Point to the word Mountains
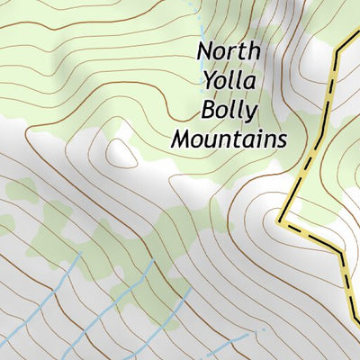(229, 139)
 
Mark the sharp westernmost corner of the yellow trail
(281, 219)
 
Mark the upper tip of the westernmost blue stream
(79, 256)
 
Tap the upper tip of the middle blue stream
(151, 262)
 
